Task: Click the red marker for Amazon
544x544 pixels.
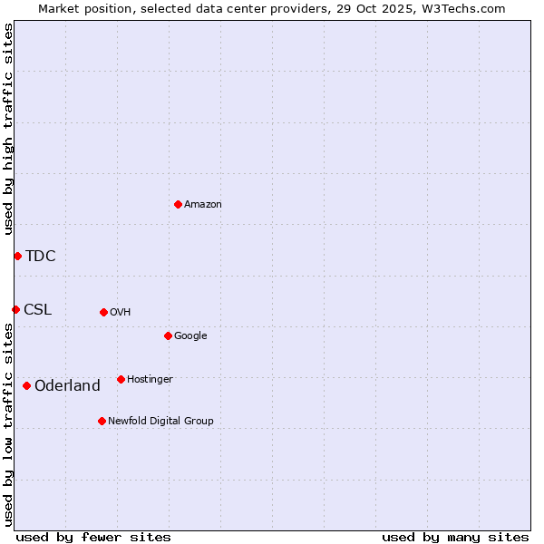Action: pyautogui.click(x=178, y=204)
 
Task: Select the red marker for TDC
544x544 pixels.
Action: pyautogui.click(x=17, y=256)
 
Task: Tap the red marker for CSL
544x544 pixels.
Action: pyautogui.click(x=15, y=309)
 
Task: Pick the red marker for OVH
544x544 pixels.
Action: pyautogui.click(x=103, y=312)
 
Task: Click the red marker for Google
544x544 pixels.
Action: pyautogui.click(x=168, y=335)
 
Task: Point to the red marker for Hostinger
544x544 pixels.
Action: pyautogui.click(x=121, y=379)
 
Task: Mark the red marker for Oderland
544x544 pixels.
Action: pyautogui.click(x=26, y=385)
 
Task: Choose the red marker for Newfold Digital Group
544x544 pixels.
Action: pyautogui.click(x=102, y=421)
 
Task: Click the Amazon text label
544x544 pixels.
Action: pyautogui.click(x=203, y=205)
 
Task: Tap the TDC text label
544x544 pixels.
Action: pyautogui.click(x=41, y=257)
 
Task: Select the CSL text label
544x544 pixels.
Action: pyautogui.click(x=38, y=310)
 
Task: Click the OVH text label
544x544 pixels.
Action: pyautogui.click(x=121, y=313)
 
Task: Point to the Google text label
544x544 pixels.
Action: pyautogui.click(x=190, y=336)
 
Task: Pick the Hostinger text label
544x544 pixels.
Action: pyautogui.click(x=150, y=380)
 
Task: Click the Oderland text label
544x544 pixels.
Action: pyautogui.click(x=67, y=386)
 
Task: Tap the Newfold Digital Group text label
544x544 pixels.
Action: pyautogui.click(x=160, y=422)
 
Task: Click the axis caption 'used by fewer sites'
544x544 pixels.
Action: pyautogui.click(x=93, y=538)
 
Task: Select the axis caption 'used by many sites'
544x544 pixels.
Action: pyautogui.click(x=455, y=538)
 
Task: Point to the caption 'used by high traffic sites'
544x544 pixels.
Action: pyautogui.click(x=9, y=129)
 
